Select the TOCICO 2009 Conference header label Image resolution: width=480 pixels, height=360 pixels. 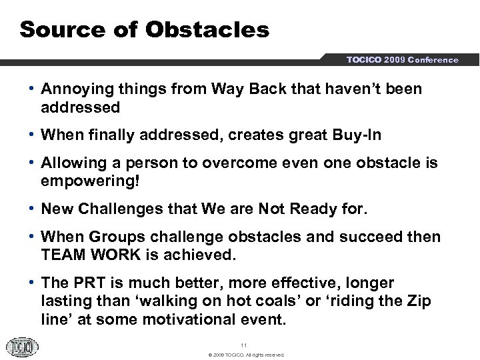(x=401, y=59)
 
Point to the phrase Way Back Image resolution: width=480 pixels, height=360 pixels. (x=234, y=89)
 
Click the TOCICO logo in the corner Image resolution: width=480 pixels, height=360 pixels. (x=22, y=347)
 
